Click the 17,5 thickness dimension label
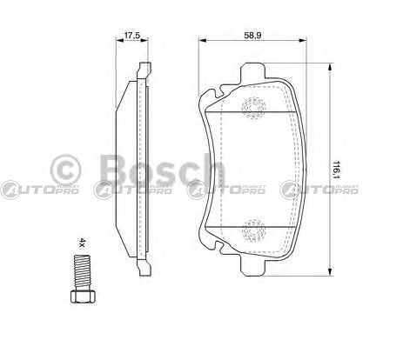[x=132, y=36]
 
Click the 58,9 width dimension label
[x=253, y=36]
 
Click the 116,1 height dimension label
[x=337, y=170]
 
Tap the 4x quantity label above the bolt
[x=83, y=243]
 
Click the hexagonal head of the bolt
[x=83, y=296]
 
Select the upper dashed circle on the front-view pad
[x=254, y=108]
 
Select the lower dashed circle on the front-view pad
[x=254, y=230]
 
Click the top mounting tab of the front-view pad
[x=252, y=70]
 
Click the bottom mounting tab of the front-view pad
[x=252, y=267]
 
